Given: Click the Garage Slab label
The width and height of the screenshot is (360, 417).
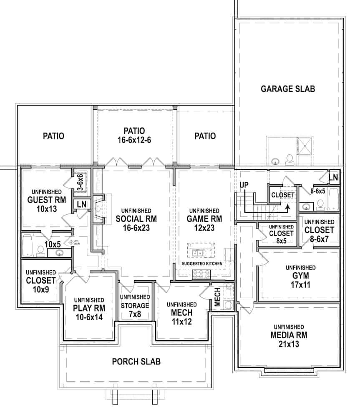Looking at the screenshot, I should tap(287, 89).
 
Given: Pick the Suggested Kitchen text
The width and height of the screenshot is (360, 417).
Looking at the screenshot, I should tap(202, 264).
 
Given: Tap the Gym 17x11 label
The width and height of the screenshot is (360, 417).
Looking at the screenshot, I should tap(300, 276).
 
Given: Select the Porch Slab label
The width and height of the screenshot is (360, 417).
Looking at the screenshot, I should tap(136, 361).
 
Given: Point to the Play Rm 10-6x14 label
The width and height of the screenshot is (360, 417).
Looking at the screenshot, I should tap(88, 309).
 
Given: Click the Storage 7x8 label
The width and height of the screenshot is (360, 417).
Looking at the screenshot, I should tap(135, 305).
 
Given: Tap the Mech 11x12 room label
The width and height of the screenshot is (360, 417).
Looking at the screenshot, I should tap(181, 313).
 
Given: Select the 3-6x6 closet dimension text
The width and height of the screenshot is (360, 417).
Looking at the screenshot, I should tap(81, 182).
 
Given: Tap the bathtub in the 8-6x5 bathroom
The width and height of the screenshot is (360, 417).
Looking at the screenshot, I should tap(333, 199).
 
